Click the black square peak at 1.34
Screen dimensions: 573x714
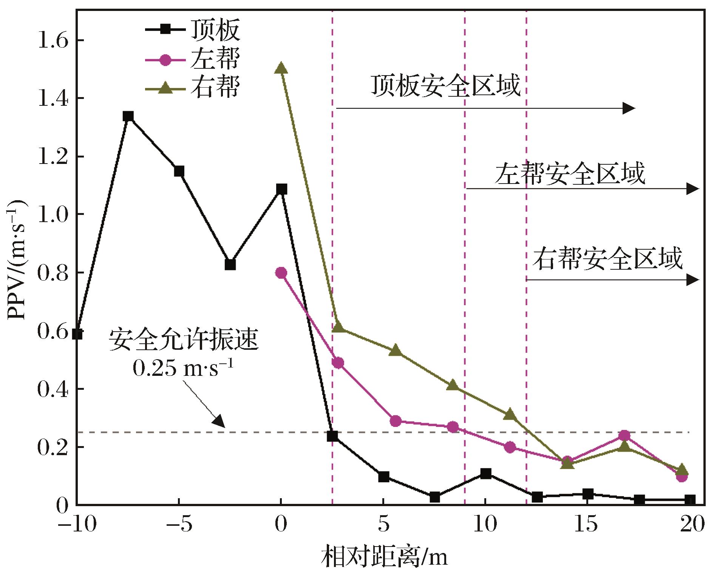pos(128,116)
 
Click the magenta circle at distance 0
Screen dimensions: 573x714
pos(281,273)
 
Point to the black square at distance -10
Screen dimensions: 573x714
pos(77,334)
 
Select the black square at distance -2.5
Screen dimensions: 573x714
pos(230,264)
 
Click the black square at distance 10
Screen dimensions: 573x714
pos(485,473)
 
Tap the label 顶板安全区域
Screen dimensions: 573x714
pos(446,86)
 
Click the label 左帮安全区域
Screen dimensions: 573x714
pos(570,174)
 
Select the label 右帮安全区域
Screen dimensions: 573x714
pos(607,259)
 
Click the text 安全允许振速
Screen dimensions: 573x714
pos(184,340)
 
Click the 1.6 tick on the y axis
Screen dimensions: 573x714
pos(53,40)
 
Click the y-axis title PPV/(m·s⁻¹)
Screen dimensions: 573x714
pos(18,261)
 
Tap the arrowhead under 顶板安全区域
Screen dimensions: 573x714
pos(629,108)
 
